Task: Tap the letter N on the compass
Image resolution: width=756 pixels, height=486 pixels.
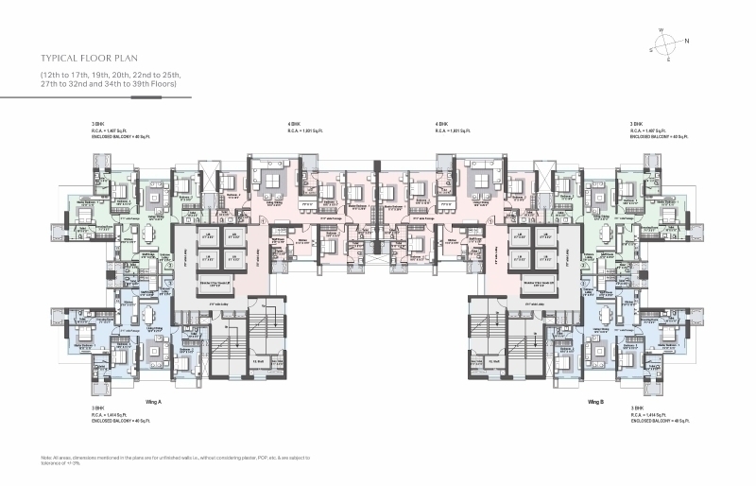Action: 687,41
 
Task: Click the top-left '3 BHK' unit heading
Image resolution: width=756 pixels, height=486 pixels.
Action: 96,124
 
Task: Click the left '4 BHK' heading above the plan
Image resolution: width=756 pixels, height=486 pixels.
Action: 294,124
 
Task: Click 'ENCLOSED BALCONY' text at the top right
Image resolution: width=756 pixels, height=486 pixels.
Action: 653,137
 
